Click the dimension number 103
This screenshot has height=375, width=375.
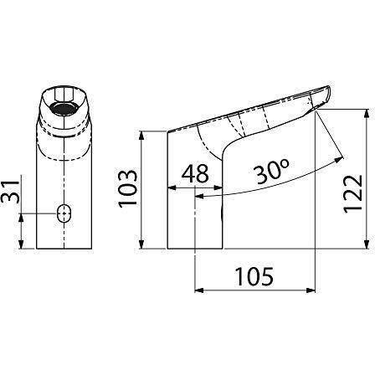pyautogui.click(x=128, y=188)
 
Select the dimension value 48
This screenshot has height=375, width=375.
pyautogui.click(x=195, y=173)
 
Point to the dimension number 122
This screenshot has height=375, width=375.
pyautogui.click(x=353, y=194)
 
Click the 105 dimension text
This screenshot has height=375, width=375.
pyautogui.click(x=254, y=277)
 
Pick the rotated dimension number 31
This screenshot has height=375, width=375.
pyautogui.click(x=11, y=192)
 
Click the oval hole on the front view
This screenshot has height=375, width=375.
pyautogui.click(x=64, y=213)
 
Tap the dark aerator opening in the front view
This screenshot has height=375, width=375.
pyautogui.click(x=63, y=109)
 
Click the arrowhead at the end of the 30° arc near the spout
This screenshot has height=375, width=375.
pyautogui.click(x=339, y=160)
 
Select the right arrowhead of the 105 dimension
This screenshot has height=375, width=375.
pyautogui.click(x=311, y=290)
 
